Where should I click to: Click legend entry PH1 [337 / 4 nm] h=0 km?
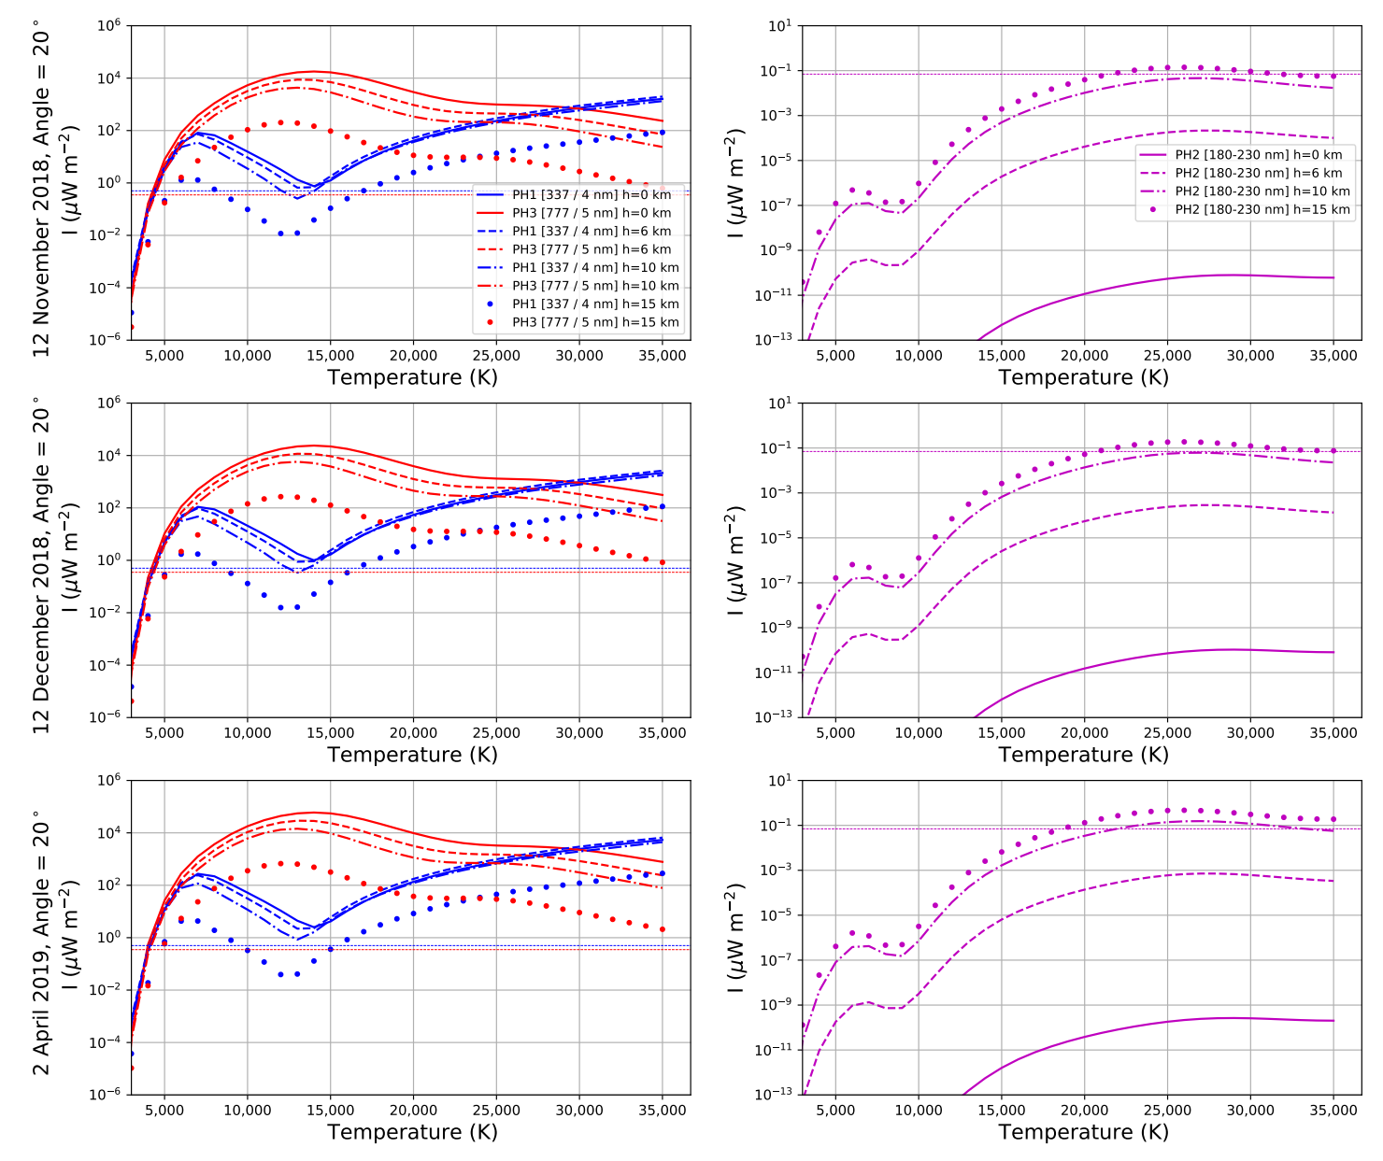(x=591, y=195)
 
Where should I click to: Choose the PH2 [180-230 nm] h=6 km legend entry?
(x=1258, y=173)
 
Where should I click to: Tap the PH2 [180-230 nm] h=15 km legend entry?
(x=1262, y=209)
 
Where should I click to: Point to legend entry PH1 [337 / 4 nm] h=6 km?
(x=591, y=231)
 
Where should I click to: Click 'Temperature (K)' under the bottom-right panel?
(x=1083, y=1132)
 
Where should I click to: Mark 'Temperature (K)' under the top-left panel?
(x=412, y=377)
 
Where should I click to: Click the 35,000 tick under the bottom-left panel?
(x=662, y=1111)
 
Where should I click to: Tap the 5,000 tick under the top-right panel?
(x=835, y=356)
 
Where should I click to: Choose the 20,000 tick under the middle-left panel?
(x=413, y=733)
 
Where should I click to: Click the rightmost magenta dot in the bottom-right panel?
(x=1333, y=819)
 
